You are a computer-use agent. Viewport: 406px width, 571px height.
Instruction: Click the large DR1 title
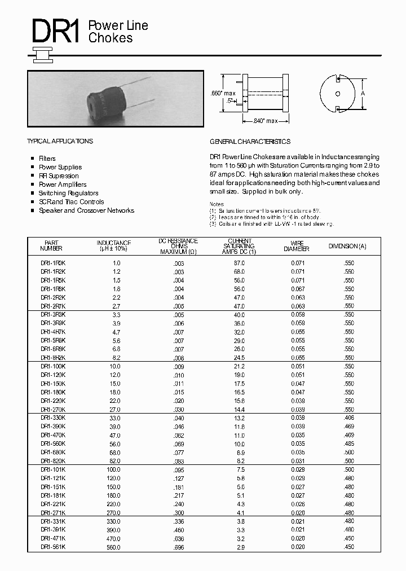55,32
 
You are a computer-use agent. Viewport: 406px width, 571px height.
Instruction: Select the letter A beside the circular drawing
363,93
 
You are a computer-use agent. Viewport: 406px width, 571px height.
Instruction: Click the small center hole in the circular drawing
338,94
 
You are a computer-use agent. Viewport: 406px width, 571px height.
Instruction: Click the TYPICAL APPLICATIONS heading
60,141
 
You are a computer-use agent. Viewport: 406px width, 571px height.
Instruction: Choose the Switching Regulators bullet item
68,193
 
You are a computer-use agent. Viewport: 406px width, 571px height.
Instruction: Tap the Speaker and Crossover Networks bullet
86,210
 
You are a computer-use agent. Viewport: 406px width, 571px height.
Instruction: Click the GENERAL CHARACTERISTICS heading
250,141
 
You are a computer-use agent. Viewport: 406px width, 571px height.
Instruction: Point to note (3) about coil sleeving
272,224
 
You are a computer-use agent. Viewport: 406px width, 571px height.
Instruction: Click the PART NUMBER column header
51,245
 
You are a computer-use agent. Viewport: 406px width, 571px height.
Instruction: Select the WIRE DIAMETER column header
297,245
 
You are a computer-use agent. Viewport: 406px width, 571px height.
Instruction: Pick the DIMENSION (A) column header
347,246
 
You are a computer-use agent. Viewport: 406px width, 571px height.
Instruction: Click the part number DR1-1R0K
53,263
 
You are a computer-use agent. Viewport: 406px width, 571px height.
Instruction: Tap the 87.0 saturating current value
239,263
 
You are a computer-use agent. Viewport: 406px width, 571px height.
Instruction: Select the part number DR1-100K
53,366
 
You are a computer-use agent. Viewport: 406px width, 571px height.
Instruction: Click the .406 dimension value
348,418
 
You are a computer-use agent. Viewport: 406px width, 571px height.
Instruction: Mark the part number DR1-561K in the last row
53,547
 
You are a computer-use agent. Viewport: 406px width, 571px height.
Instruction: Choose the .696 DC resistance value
178,547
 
